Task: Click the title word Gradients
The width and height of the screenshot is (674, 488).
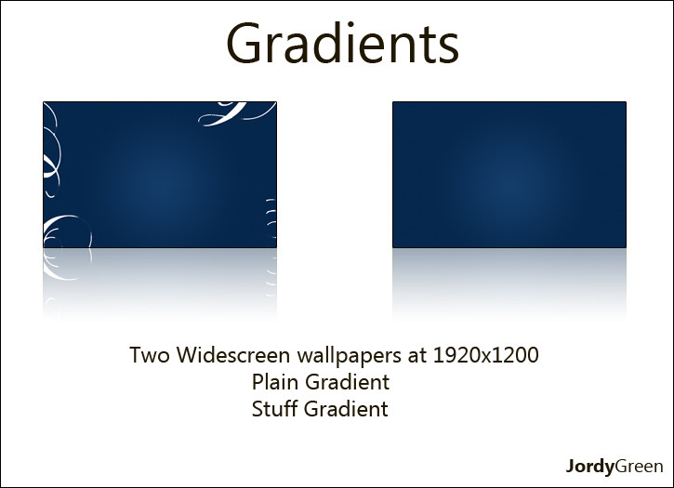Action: pos(343,43)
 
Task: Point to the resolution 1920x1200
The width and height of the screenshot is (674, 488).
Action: pos(485,355)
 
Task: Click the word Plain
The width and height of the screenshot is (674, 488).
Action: pos(275,382)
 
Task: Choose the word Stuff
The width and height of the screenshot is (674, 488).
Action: pos(274,409)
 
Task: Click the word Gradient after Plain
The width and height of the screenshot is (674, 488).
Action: pos(348,382)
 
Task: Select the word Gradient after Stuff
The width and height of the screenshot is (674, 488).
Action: pos(346,409)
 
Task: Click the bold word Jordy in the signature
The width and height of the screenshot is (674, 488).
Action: pos(589,467)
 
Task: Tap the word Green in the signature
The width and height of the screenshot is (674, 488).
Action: pos(639,466)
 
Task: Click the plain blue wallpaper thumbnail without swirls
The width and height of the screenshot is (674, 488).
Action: pos(509,175)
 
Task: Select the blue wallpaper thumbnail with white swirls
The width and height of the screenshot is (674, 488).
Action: pos(160,175)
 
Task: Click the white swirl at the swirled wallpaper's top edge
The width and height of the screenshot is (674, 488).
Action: pos(232,112)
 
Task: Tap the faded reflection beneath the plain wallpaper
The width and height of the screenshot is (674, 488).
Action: pos(509,282)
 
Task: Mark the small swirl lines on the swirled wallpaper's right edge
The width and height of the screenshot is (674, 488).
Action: pos(271,218)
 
